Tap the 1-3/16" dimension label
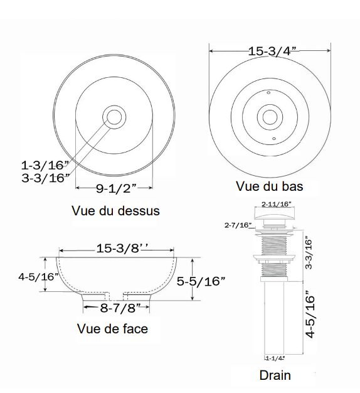tap(45, 166)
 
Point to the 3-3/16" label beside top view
tap(45, 178)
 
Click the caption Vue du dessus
tap(115, 210)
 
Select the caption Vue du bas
tap(269, 186)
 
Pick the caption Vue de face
tap(113, 328)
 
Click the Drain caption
tap(275, 375)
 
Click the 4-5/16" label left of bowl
tap(38, 276)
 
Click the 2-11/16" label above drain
tap(277, 204)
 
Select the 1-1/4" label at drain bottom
tap(275, 358)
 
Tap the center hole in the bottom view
tap(270, 117)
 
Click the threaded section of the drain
tap(276, 242)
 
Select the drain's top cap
tap(276, 216)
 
